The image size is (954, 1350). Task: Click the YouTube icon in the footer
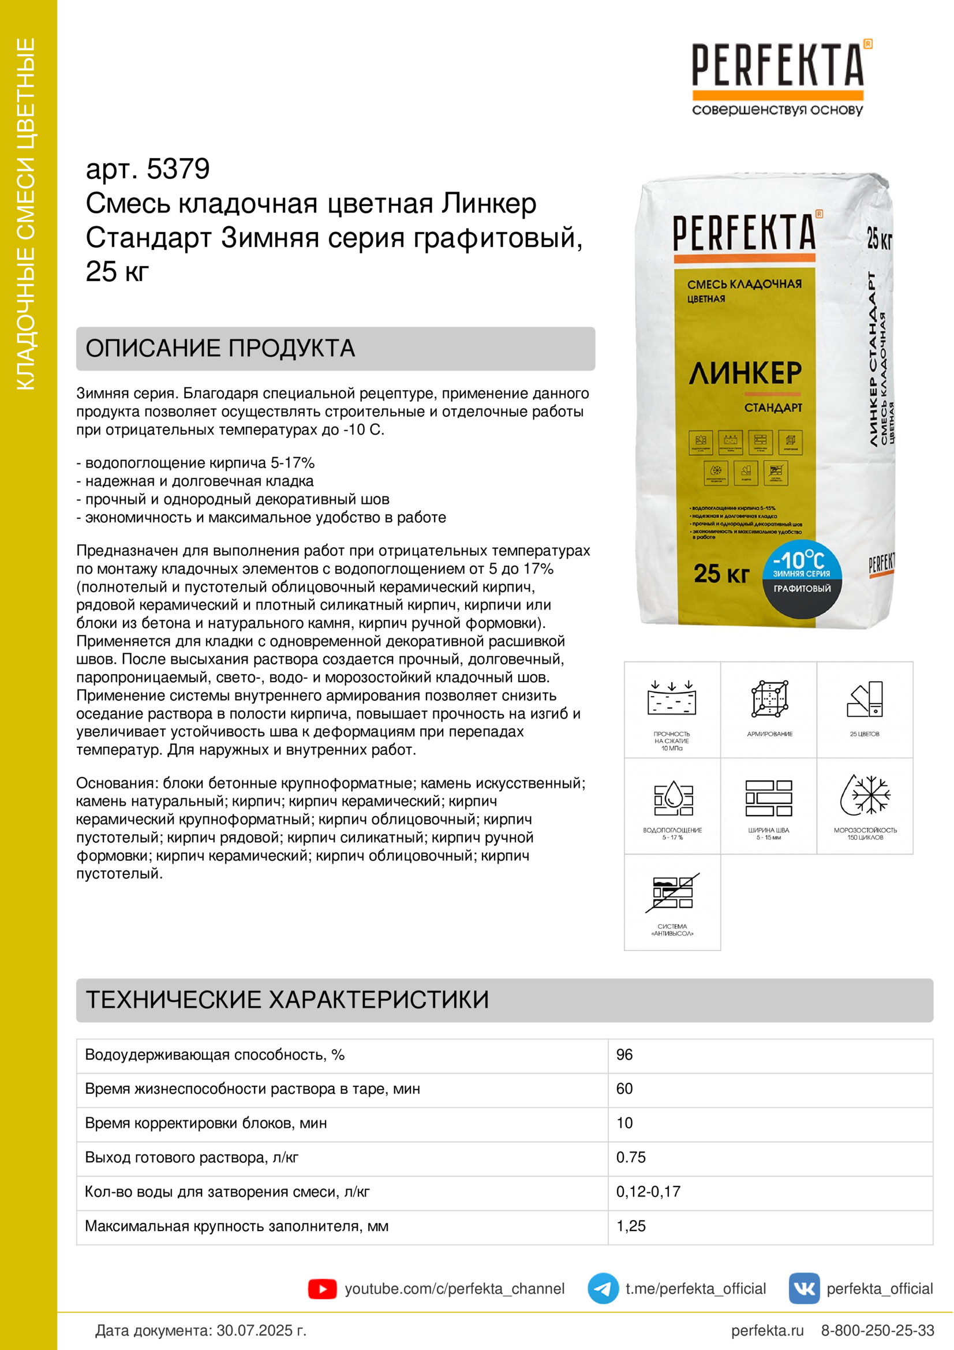coord(322,1289)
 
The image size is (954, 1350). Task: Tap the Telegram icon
coord(603,1288)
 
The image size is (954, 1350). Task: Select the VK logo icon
coord(803,1288)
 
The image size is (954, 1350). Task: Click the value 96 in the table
coord(624,1055)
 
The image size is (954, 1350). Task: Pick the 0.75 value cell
coord(631,1157)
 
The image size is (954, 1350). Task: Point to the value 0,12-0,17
coord(648,1191)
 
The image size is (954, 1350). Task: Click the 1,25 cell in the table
coord(631,1226)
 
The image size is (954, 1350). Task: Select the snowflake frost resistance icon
coord(865,795)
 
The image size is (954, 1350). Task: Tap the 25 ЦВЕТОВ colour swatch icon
coord(865,699)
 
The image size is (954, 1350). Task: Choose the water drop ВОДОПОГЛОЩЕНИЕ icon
coord(673,798)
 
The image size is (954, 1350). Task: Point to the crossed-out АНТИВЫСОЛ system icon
coord(672,892)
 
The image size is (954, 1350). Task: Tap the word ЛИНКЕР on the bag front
coord(745,373)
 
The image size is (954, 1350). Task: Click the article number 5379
coord(178,169)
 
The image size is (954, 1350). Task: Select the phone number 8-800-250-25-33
coord(877,1330)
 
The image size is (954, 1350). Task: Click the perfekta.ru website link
coord(766,1330)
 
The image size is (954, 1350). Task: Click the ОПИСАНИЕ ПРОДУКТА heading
coord(220,349)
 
